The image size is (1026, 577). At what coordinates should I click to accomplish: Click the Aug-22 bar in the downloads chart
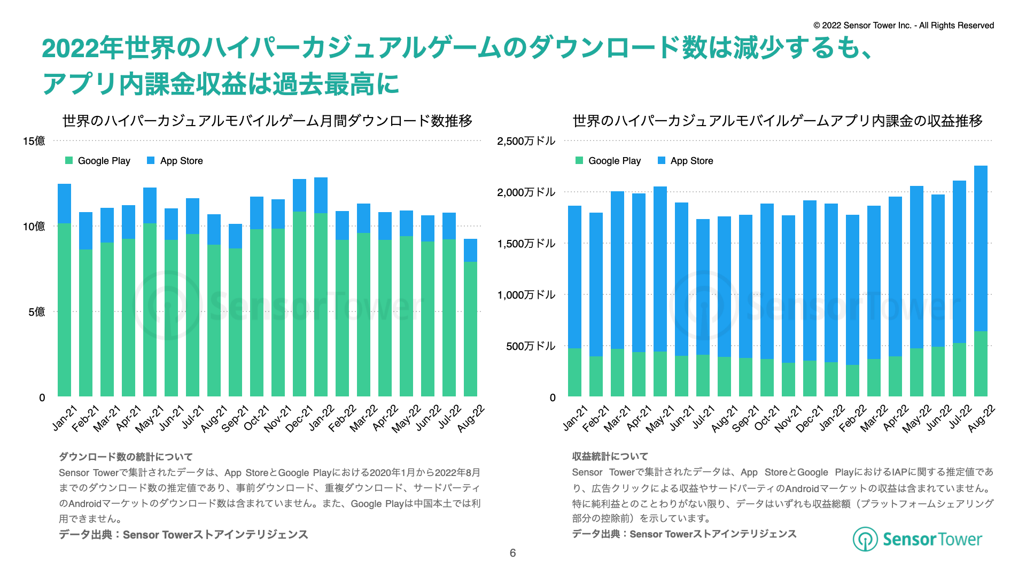[x=470, y=318]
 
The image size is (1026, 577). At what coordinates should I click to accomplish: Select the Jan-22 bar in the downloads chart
[x=321, y=287]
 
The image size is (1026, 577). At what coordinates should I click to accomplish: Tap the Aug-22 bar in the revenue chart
[x=981, y=281]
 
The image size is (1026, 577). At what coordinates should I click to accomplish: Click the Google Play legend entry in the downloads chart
[x=98, y=161]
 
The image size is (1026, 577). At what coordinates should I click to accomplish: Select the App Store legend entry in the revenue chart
[x=686, y=161]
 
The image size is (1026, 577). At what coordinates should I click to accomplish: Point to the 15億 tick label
[x=34, y=141]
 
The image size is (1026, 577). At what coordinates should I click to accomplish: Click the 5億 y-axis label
[x=37, y=312]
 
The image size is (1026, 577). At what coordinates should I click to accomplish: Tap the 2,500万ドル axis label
[x=526, y=141]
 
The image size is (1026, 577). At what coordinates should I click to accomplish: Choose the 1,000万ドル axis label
[x=526, y=295]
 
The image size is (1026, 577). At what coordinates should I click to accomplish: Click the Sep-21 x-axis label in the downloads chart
[x=236, y=419]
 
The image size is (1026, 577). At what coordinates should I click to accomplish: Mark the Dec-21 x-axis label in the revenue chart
[x=810, y=419]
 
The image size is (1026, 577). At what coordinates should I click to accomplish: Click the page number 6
[x=512, y=553]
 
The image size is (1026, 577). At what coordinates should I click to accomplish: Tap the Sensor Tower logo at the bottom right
[x=917, y=539]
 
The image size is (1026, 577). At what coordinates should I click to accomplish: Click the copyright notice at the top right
[x=904, y=26]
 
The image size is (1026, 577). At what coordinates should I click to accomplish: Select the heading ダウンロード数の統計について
[x=126, y=457]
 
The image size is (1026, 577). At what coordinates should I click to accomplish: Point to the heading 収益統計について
[x=610, y=456]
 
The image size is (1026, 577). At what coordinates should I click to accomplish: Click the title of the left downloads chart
[x=267, y=121]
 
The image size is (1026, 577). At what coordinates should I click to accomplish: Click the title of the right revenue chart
[x=778, y=121]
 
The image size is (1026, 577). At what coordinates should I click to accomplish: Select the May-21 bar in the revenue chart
[x=660, y=292]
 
